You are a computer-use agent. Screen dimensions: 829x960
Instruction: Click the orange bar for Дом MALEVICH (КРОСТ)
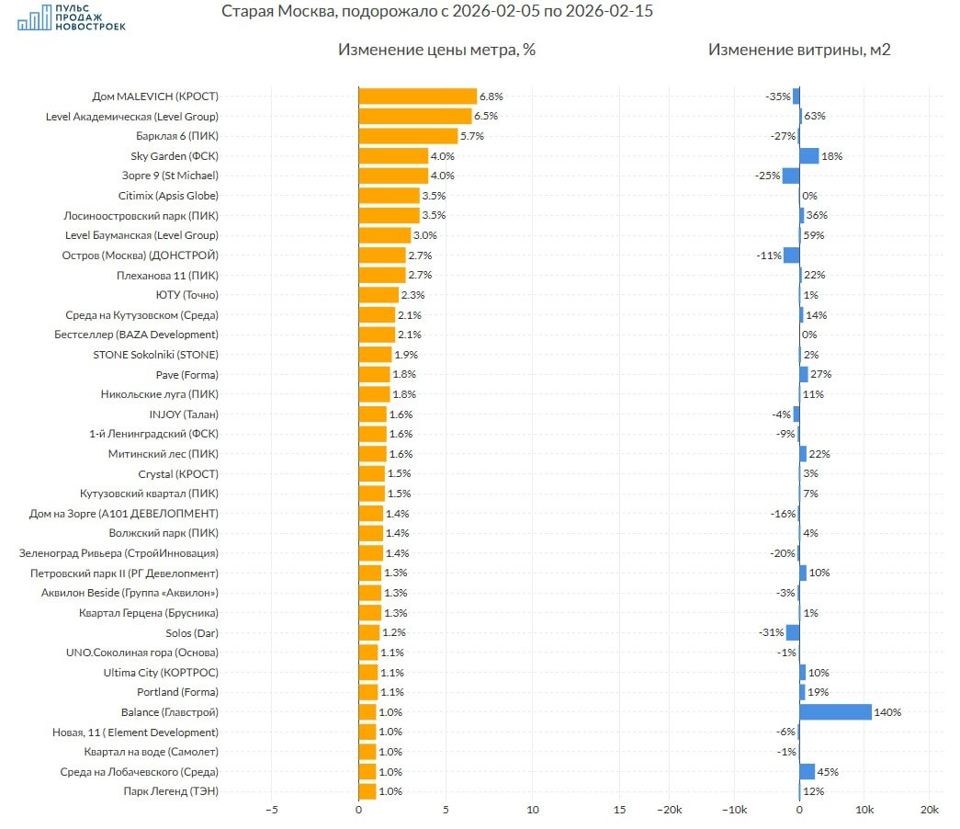(417, 97)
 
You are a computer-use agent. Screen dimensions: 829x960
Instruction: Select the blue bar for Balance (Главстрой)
(835, 712)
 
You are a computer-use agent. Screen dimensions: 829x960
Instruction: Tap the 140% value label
(888, 712)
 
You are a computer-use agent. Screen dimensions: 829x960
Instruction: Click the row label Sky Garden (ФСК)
(175, 156)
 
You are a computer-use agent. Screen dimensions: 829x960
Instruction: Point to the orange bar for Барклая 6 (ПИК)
(408, 136)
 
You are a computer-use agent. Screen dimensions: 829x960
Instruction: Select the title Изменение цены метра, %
(436, 50)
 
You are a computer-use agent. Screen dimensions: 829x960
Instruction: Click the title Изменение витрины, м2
(799, 50)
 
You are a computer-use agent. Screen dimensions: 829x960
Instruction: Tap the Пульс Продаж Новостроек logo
(72, 18)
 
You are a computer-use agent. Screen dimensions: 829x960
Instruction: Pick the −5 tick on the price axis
(271, 811)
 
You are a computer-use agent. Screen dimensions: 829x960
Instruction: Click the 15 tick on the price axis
(619, 811)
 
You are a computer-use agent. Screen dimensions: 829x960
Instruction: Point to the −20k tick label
(668, 811)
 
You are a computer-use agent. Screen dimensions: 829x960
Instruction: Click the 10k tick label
(864, 811)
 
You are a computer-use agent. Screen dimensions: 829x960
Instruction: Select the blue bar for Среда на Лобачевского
(807, 772)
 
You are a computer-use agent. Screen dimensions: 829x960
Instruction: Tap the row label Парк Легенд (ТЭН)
(171, 791)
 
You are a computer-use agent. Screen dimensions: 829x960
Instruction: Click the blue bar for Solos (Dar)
(793, 632)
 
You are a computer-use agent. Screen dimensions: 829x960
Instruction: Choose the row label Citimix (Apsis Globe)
(168, 196)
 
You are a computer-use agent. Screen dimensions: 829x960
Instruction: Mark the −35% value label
(777, 97)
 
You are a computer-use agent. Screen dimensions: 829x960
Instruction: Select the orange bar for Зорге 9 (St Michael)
(393, 176)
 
